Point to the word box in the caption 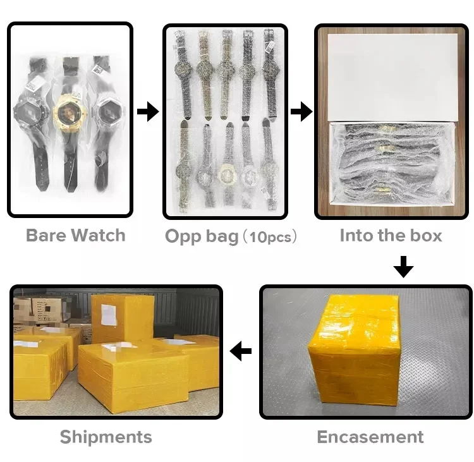click(426, 236)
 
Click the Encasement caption click(370, 437)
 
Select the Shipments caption click(106, 437)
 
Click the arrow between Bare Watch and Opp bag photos click(148, 112)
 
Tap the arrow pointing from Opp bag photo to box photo click(301, 112)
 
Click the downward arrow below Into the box click(403, 266)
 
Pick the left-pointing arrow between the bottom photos click(241, 351)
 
